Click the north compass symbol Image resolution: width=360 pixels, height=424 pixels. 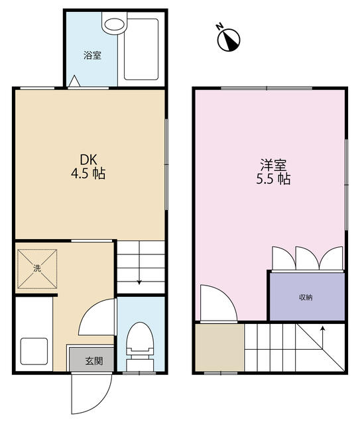point(229,39)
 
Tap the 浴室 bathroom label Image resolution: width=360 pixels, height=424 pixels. point(92,56)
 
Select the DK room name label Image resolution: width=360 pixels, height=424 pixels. point(90,160)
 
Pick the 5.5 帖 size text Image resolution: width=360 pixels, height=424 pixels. point(272,179)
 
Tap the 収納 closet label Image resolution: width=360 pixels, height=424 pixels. point(305,297)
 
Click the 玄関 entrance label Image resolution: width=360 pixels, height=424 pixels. point(93,362)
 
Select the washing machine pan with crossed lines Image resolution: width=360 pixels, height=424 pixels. point(35,268)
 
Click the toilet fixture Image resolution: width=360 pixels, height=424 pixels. point(140,341)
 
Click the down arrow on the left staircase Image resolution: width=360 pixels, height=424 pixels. point(139,281)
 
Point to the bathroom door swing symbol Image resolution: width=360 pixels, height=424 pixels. point(75,81)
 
